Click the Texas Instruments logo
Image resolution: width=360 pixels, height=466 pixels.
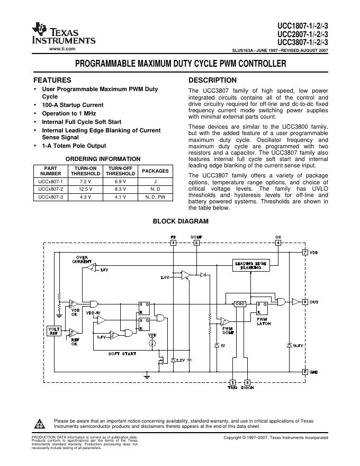point(64,33)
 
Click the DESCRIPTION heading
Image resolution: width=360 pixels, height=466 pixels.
point(213,80)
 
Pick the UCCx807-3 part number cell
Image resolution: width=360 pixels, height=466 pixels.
point(51,197)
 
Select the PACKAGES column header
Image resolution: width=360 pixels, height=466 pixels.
point(155,171)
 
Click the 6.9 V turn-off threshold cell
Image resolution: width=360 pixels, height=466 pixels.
point(120,181)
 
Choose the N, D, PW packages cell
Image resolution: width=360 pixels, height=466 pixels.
point(155,197)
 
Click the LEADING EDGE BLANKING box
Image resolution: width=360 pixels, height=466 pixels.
point(251,266)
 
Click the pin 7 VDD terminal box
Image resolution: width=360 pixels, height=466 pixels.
point(305,252)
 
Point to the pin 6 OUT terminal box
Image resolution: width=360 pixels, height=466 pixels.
point(305,301)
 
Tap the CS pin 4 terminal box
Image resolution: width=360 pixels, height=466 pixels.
point(278,243)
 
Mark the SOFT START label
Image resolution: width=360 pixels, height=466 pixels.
point(122,353)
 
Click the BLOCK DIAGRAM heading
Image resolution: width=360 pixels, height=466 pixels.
point(181,221)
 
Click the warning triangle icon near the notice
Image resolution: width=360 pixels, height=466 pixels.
point(39,424)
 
